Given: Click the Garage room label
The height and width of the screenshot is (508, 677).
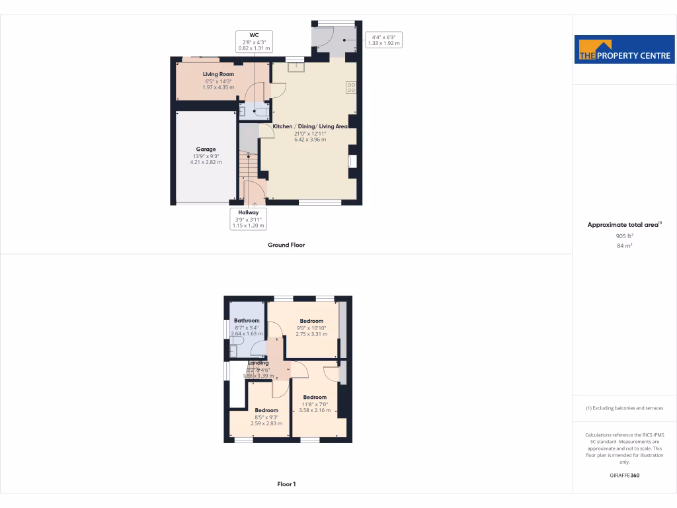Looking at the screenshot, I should click(x=206, y=149).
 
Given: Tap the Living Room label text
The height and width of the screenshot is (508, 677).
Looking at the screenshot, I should click(x=218, y=74).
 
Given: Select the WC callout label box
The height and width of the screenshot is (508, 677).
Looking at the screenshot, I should click(x=254, y=42).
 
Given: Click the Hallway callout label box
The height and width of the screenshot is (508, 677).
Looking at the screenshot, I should click(x=248, y=219).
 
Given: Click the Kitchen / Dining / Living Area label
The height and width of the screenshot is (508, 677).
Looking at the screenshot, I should click(x=310, y=126).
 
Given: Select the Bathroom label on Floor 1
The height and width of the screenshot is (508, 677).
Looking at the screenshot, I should click(x=247, y=320).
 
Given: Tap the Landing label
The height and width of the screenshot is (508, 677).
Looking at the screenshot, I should click(x=259, y=363).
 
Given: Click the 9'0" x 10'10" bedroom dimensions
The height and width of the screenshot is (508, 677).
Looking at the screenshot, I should click(x=311, y=328).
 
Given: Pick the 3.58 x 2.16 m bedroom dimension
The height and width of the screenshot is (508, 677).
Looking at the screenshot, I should click(x=315, y=410).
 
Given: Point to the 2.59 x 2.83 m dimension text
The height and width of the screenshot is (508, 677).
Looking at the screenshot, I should click(x=266, y=423).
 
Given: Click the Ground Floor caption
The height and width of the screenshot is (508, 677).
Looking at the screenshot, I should click(x=286, y=245).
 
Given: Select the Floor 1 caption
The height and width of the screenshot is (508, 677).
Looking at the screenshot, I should click(x=286, y=484).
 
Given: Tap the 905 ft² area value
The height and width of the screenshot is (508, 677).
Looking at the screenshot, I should click(x=624, y=235).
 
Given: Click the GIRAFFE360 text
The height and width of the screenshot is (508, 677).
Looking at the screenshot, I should click(x=624, y=475).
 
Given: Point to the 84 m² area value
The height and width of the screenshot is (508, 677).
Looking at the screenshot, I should click(x=624, y=245).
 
